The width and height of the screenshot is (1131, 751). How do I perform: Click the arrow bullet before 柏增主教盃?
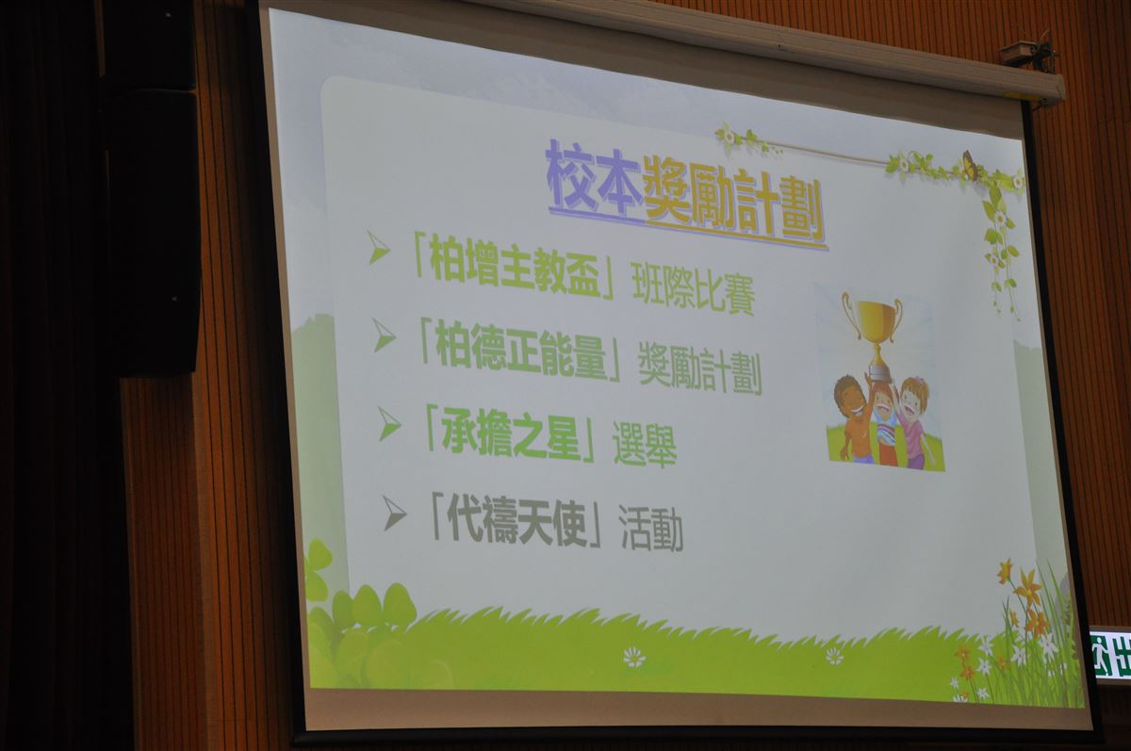coord(378,247)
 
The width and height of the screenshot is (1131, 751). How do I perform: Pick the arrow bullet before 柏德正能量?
coord(383,335)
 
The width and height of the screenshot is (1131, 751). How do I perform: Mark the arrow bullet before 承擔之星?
coord(388,423)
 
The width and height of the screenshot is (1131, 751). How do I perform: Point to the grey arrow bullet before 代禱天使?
coord(393,514)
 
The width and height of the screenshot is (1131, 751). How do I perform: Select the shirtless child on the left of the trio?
coord(854,420)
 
